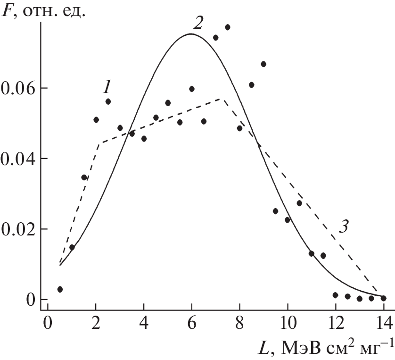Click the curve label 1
tap(107, 86)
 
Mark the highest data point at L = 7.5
tap(227, 27)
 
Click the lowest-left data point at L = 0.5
tap(60, 289)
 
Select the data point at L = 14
tap(383, 298)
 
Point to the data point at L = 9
tap(263, 64)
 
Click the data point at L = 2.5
tap(108, 101)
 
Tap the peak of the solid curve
tap(191, 34)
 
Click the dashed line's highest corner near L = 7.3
tap(223, 99)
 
